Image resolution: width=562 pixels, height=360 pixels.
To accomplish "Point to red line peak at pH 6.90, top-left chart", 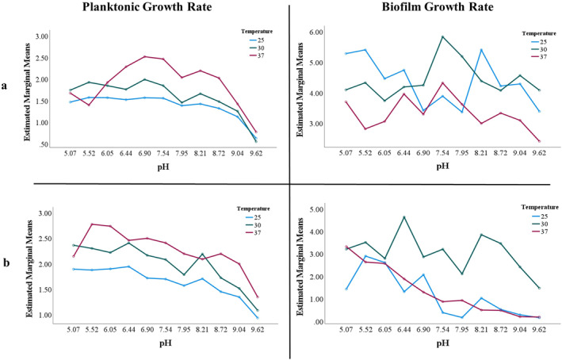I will pos(144,56).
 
